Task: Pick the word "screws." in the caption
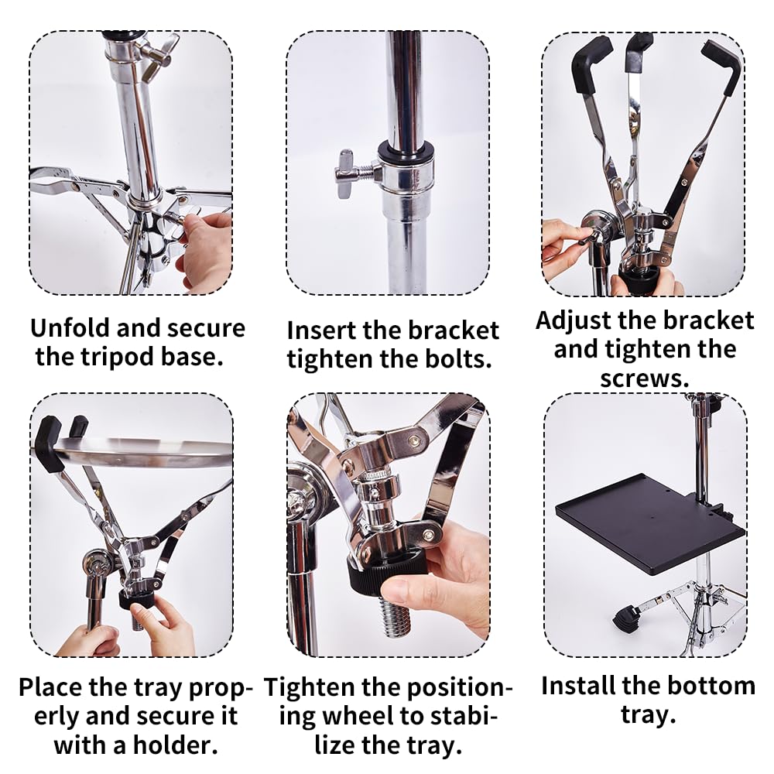(644, 378)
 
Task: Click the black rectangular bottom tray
(650, 524)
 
